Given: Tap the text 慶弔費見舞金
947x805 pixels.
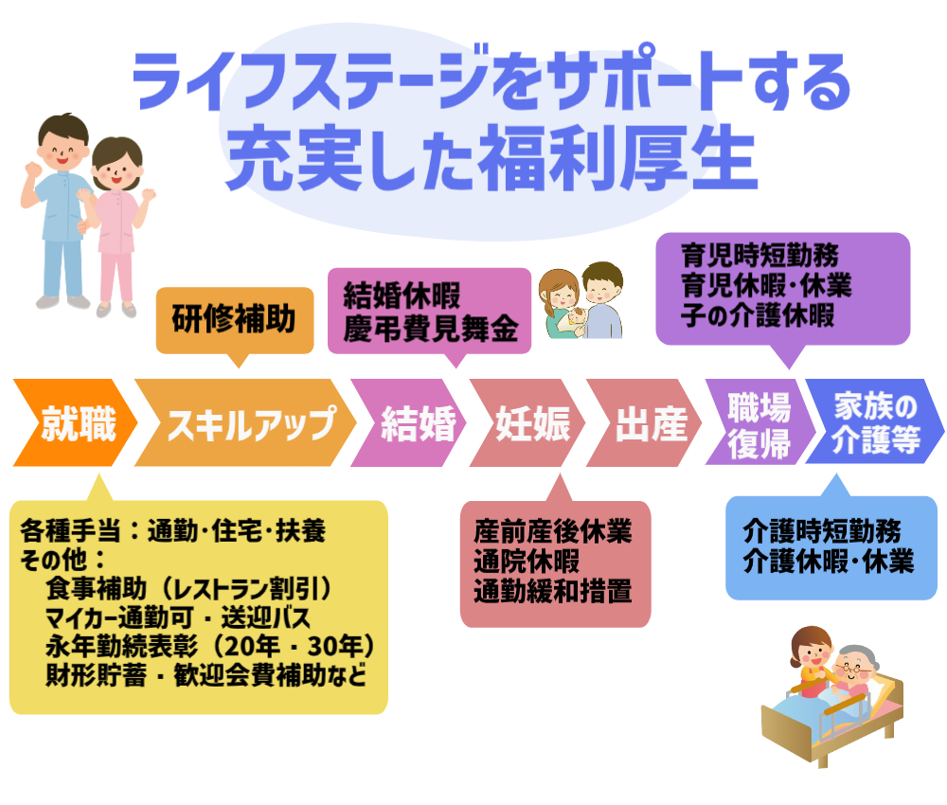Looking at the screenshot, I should tap(431, 330).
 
